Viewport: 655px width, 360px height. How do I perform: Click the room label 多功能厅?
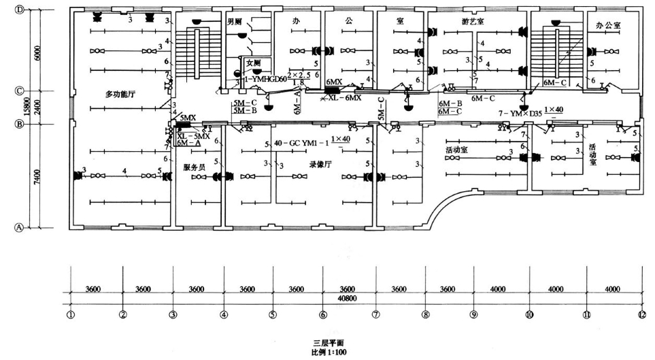(x=118, y=93)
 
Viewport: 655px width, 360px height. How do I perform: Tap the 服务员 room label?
(x=196, y=167)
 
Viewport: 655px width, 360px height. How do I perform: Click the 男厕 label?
(x=235, y=22)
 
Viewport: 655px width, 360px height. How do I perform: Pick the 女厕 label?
(x=254, y=63)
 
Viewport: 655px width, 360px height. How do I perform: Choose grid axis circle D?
(x=20, y=10)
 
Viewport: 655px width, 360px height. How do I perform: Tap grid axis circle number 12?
(x=640, y=314)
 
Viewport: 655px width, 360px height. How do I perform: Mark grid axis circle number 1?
(x=70, y=314)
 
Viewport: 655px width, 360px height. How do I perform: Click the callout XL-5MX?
(x=192, y=135)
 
